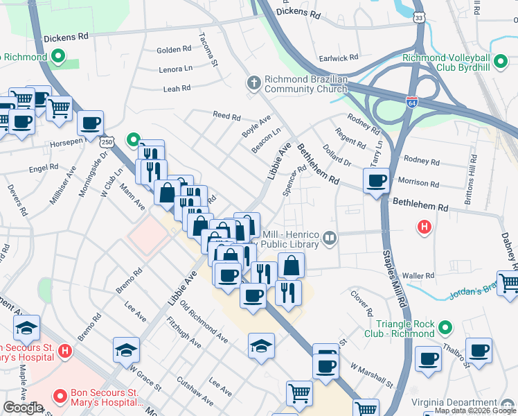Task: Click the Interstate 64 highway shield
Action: pyautogui.click(x=412, y=102)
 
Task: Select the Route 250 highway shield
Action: pyautogui.click(x=106, y=141)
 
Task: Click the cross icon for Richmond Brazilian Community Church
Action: pyautogui.click(x=254, y=83)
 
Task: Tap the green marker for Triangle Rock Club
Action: pyautogui.click(x=445, y=325)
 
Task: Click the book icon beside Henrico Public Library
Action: pyautogui.click(x=330, y=239)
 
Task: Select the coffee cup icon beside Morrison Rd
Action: pyautogui.click(x=376, y=182)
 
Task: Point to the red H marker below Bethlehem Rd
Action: pyautogui.click(x=425, y=226)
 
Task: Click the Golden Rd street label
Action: pyautogui.click(x=174, y=50)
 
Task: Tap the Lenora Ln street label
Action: pyautogui.click(x=175, y=69)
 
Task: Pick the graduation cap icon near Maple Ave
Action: pyautogui.click(x=26, y=328)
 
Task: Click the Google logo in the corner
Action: pyautogui.click(x=23, y=408)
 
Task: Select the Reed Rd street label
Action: pyautogui.click(x=226, y=116)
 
